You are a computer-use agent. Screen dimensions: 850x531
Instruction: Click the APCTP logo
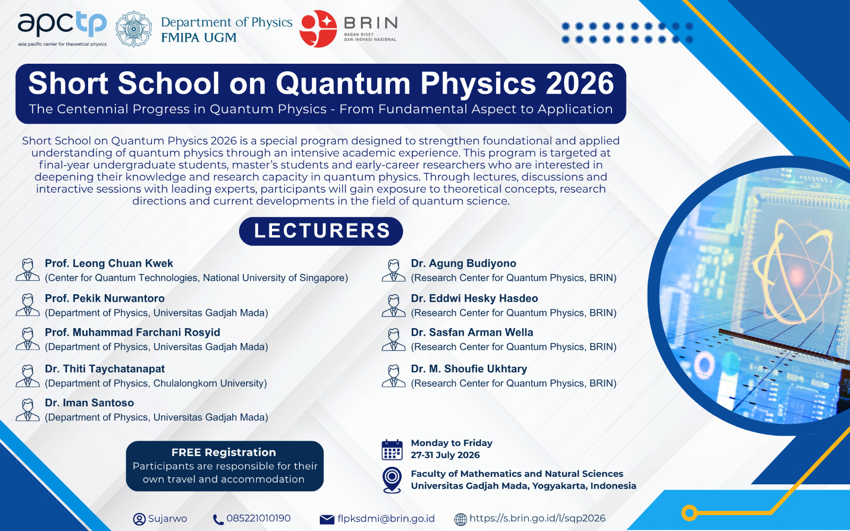point(62,29)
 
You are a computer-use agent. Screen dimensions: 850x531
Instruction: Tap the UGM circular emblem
point(133,29)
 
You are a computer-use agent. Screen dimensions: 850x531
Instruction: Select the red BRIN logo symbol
point(318,29)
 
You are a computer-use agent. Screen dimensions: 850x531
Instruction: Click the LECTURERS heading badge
point(321,231)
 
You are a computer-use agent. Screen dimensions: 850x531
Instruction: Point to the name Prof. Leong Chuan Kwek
point(109,263)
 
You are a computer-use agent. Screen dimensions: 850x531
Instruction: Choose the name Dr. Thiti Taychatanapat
point(105,369)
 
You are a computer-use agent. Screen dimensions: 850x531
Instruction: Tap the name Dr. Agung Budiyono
point(463,263)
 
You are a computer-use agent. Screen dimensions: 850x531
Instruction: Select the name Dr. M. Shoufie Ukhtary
point(469,369)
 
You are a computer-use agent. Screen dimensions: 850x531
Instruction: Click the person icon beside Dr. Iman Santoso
point(27,409)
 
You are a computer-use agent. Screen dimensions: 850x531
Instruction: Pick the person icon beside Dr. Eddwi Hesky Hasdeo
point(394,305)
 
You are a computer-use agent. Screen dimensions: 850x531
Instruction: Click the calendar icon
point(392,450)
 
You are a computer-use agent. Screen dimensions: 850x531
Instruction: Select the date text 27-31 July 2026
point(445,455)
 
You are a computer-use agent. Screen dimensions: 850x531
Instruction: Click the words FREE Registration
point(224,452)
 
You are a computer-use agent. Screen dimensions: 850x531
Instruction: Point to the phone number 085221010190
point(258,518)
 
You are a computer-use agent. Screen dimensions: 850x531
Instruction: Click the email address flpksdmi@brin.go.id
point(386,518)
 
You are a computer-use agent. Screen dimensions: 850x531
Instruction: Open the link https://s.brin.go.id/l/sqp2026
point(537,518)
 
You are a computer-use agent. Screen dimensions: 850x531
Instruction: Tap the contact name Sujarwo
point(167,518)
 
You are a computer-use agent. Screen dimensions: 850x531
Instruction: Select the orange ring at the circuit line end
point(689,513)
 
